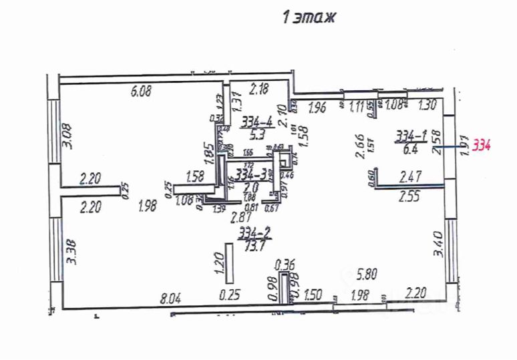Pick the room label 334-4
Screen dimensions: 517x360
pyautogui.click(x=257, y=122)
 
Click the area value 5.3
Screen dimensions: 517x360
pyautogui.click(x=258, y=132)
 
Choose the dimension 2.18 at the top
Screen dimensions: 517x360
pyautogui.click(x=259, y=87)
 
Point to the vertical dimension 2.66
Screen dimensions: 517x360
pyautogui.click(x=359, y=146)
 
